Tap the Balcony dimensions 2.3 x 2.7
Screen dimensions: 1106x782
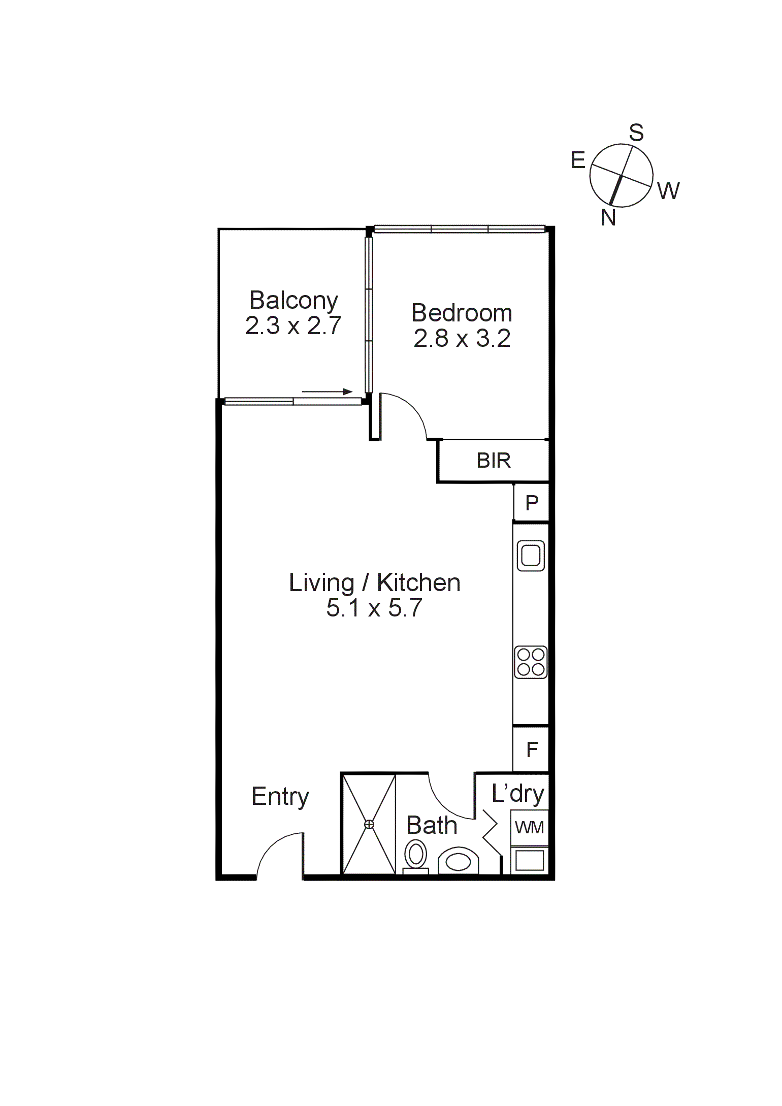click(x=293, y=326)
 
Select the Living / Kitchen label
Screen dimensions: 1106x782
click(x=374, y=583)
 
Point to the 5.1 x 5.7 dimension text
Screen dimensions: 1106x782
click(x=374, y=608)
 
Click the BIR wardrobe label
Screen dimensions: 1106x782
click(x=493, y=461)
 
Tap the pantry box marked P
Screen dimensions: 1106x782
click(x=531, y=503)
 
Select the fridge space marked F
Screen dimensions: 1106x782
click(x=531, y=750)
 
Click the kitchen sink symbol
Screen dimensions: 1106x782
click(x=531, y=556)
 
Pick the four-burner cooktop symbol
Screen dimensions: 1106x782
click(x=531, y=662)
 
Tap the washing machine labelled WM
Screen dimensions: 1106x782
click(x=529, y=828)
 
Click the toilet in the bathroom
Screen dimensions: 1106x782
click(x=416, y=855)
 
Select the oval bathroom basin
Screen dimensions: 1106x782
click(x=459, y=862)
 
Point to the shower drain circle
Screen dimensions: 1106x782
click(x=369, y=824)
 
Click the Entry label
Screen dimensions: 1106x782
click(x=280, y=797)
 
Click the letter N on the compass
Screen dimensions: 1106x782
click(x=608, y=218)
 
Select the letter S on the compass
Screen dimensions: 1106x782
click(x=636, y=133)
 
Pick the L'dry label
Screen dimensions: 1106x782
click(x=517, y=794)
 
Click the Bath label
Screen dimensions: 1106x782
click(x=432, y=826)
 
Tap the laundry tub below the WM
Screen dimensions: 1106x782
click(x=529, y=861)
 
